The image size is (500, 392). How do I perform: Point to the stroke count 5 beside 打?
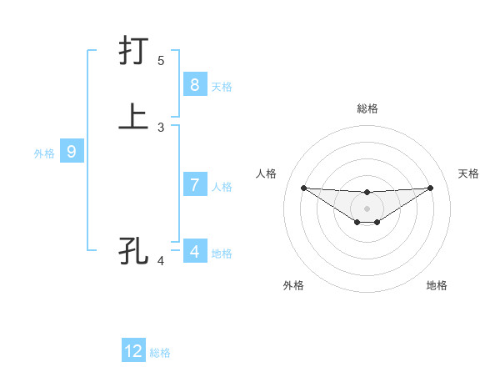coord(161,61)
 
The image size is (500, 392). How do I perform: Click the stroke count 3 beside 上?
coord(161,127)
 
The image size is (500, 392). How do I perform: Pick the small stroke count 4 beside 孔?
coord(161,261)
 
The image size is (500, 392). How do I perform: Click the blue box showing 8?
coord(194,84)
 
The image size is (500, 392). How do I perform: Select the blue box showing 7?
coord(194,185)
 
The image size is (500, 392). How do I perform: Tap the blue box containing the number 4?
coord(194,251)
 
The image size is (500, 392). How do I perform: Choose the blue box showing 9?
coord(72,152)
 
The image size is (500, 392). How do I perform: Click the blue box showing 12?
coord(133,351)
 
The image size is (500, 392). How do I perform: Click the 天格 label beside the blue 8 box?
coord(222,86)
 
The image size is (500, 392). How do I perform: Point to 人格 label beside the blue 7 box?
coord(222,187)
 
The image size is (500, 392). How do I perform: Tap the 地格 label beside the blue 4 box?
coord(222,253)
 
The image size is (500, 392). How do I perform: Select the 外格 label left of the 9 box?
coord(44,153)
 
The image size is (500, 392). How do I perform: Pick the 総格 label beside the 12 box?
coord(160,353)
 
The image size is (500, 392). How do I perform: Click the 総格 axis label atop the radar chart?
coord(367,108)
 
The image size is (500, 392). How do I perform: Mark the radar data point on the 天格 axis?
coord(430,188)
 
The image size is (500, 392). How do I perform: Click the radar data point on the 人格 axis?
coord(303,188)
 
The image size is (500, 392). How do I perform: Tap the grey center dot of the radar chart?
coord(367,208)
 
